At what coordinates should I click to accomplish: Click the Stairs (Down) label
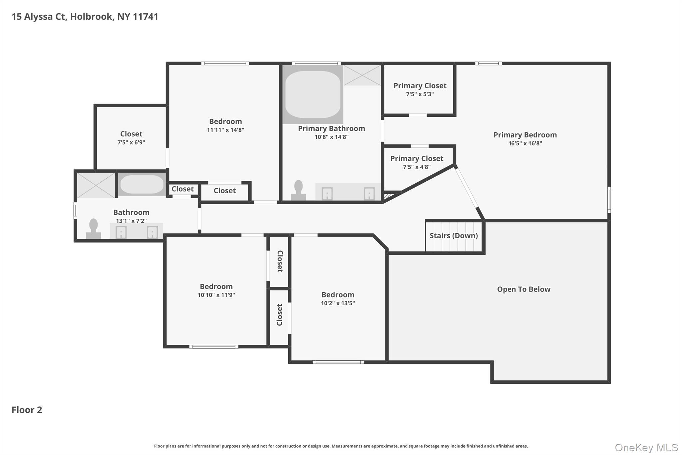pyautogui.click(x=453, y=236)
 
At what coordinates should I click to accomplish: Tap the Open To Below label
pyautogui.click(x=523, y=289)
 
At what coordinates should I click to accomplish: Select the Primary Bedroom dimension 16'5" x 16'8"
pyautogui.click(x=525, y=143)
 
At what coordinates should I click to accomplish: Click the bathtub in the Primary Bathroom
pyautogui.click(x=313, y=94)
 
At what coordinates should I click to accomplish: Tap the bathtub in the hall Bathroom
pyautogui.click(x=142, y=184)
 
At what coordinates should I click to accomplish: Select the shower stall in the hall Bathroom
pyautogui.click(x=96, y=185)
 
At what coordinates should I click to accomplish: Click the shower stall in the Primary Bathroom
pyautogui.click(x=362, y=75)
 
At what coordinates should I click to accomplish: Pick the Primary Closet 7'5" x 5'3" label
pyautogui.click(x=420, y=86)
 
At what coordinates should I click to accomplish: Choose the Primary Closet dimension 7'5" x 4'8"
pyautogui.click(x=417, y=167)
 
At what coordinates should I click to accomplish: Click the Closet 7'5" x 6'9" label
pyautogui.click(x=131, y=134)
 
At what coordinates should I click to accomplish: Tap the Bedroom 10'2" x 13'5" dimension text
pyautogui.click(x=338, y=303)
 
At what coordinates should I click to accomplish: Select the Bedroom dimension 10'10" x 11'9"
pyautogui.click(x=216, y=295)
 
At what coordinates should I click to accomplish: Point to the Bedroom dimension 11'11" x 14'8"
pyautogui.click(x=225, y=130)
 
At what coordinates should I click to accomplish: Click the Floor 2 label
pyautogui.click(x=27, y=410)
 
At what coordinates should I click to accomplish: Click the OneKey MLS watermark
pyautogui.click(x=646, y=447)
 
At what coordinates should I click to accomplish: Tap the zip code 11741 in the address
pyautogui.click(x=145, y=17)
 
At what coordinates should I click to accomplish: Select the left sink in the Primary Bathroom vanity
pyautogui.click(x=327, y=194)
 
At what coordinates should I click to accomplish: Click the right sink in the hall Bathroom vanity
pyautogui.click(x=152, y=232)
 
